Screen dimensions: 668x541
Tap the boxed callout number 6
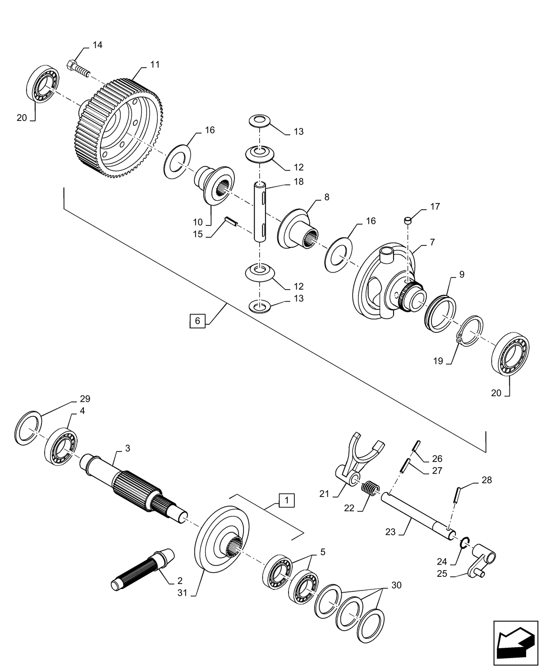point(197,321)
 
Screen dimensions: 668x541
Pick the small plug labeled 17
point(408,220)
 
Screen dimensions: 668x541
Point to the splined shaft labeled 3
point(135,487)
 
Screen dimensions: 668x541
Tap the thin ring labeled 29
point(29,425)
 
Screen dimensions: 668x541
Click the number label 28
point(487,480)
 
